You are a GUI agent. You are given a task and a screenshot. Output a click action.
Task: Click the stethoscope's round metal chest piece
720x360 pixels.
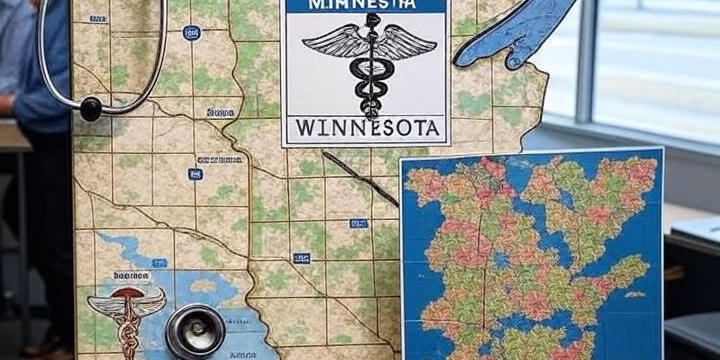[x=195, y=330]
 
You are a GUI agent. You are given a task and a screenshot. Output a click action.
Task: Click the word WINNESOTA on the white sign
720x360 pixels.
[x=365, y=128]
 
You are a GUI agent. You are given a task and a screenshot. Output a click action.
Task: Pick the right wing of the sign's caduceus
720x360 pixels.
[x=406, y=42]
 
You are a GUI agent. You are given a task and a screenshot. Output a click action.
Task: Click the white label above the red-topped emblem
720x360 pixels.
[x=131, y=275]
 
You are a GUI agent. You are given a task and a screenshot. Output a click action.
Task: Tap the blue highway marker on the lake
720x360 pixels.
[x=159, y=263]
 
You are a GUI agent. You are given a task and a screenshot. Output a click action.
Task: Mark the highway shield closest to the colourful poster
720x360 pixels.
[x=358, y=223]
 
